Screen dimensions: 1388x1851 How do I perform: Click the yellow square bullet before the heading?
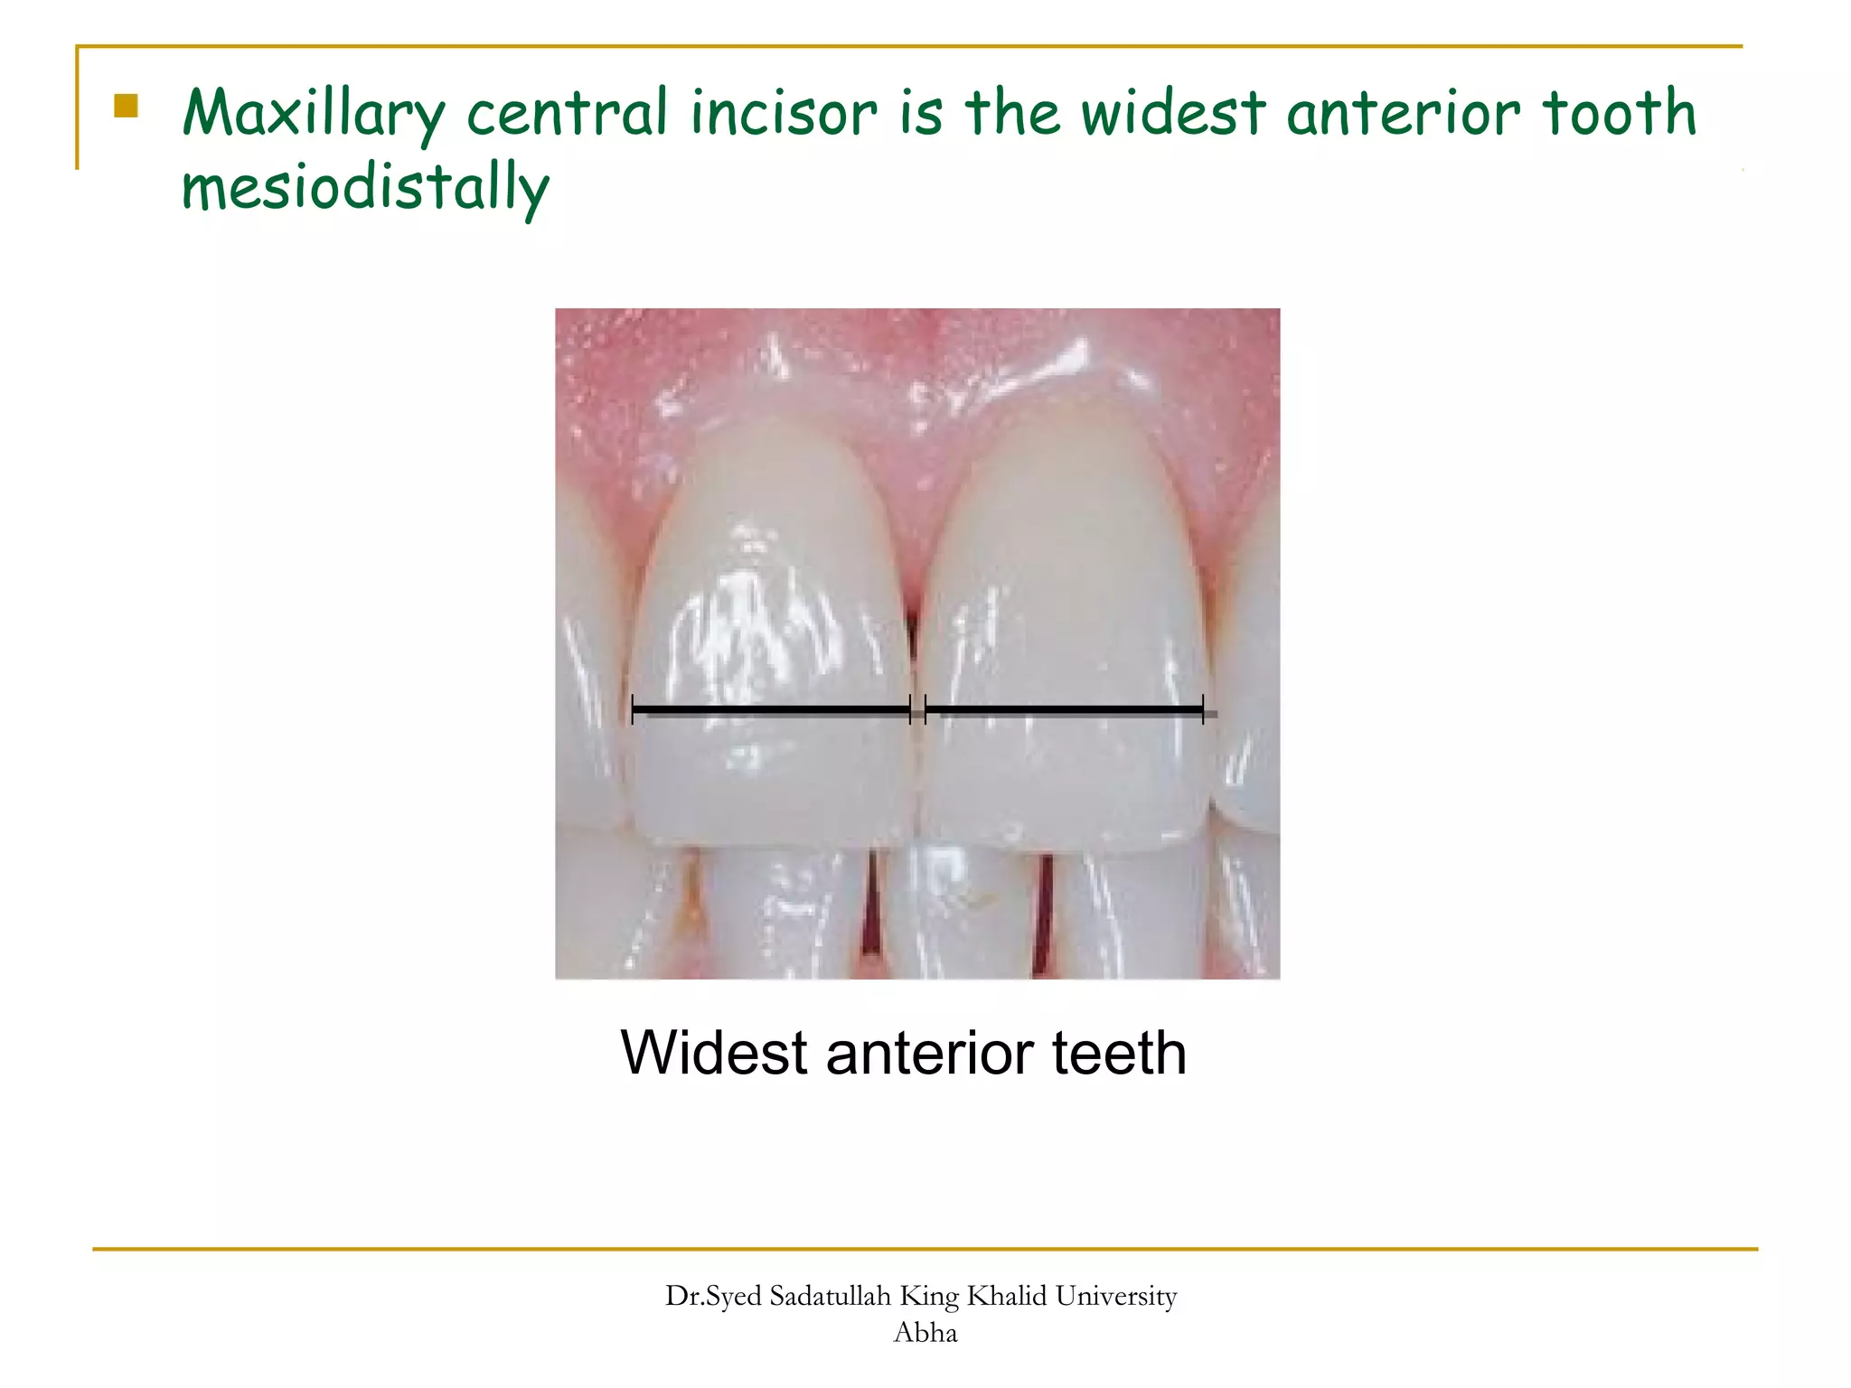(x=127, y=107)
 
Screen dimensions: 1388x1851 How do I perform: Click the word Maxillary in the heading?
(x=313, y=115)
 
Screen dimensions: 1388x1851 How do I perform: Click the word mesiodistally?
(x=365, y=188)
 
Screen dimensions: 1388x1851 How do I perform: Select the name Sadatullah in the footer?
(x=830, y=1296)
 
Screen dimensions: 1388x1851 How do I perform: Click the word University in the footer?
(x=1116, y=1296)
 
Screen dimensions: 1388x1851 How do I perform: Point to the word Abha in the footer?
(x=925, y=1332)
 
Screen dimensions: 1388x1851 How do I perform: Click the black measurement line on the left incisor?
(x=771, y=709)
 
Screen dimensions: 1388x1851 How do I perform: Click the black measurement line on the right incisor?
(x=1065, y=709)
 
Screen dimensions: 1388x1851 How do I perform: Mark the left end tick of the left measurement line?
(x=633, y=709)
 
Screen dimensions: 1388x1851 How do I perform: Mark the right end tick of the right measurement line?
(x=1203, y=709)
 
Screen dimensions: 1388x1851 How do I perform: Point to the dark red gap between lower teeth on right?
(x=1045, y=913)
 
